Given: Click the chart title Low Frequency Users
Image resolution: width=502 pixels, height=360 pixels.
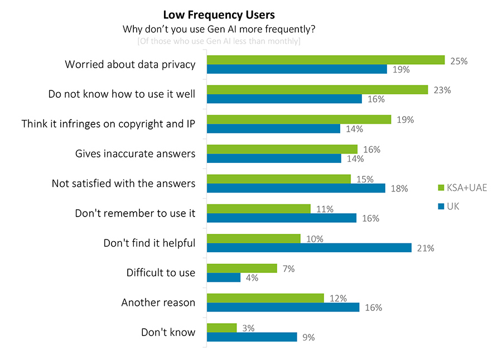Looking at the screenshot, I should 219,15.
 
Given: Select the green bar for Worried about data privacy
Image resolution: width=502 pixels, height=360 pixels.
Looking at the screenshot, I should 325,60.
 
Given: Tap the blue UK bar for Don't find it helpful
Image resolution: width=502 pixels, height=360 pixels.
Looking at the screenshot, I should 309,248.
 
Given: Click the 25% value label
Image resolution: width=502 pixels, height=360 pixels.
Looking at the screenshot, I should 458,61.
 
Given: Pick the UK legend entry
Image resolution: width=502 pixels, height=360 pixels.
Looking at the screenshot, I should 452,207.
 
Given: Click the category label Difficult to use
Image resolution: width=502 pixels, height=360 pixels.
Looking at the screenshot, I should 161,272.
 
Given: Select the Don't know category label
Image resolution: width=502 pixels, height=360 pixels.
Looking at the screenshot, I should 168,332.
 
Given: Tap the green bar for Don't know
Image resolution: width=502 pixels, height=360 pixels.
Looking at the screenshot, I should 221,328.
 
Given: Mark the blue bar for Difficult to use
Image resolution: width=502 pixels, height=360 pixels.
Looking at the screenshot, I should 224,277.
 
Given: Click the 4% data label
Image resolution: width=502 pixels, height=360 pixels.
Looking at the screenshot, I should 252,277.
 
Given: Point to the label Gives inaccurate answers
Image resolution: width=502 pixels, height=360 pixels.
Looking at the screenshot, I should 135,153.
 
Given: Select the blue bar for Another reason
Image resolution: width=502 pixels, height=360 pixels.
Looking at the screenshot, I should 283,308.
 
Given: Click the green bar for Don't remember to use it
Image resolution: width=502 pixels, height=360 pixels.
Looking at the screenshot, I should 258,209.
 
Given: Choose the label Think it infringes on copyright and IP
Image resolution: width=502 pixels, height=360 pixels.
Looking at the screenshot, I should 108,123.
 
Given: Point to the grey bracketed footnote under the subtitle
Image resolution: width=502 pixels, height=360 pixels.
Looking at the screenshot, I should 219,41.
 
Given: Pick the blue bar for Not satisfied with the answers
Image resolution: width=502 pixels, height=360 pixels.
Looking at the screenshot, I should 296,188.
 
